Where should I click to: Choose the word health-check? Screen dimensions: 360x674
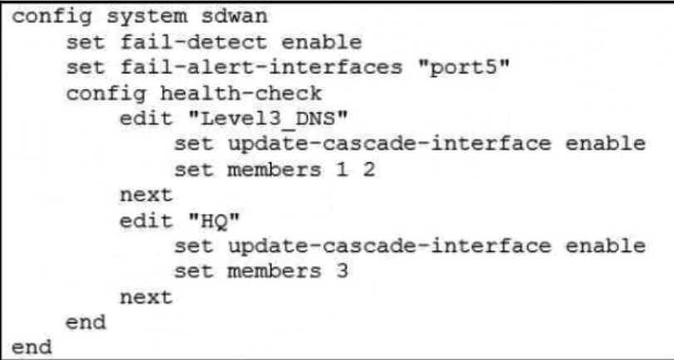click(220, 92)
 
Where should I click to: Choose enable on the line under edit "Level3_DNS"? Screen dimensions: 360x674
click(606, 144)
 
